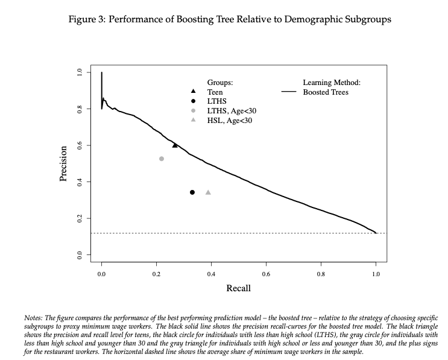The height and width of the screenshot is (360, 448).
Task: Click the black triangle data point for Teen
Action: click(x=175, y=145)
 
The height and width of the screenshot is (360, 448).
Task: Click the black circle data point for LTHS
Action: click(x=192, y=192)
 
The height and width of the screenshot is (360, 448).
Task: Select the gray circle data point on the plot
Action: click(x=162, y=159)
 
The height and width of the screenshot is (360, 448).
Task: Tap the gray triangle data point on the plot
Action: click(x=208, y=192)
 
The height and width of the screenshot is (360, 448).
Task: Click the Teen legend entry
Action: click(x=215, y=92)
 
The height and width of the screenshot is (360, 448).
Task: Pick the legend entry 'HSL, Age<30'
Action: click(x=229, y=121)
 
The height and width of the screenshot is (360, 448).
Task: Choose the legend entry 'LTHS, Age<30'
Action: click(x=231, y=111)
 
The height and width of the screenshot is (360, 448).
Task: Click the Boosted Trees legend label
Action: click(x=326, y=92)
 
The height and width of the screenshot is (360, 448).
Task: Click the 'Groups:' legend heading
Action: click(x=220, y=83)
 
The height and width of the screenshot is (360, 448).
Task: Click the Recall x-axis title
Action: click(x=238, y=288)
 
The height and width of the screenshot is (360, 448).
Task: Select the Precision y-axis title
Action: click(x=63, y=164)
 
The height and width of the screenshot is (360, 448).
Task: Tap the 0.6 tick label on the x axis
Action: click(x=266, y=274)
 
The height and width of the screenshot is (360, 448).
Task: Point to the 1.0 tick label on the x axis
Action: click(x=376, y=274)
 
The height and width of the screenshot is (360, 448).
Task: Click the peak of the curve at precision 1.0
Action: click(x=102, y=73)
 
